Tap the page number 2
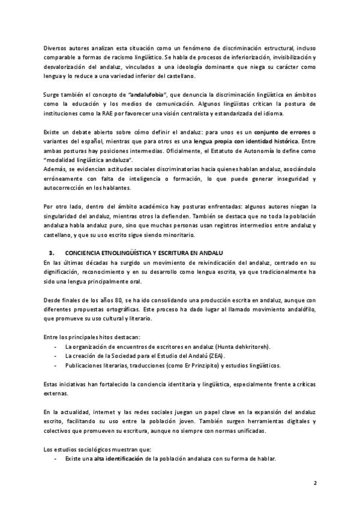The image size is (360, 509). pyautogui.click(x=315, y=482)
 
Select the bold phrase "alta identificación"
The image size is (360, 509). pyautogui.click(x=118, y=459)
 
